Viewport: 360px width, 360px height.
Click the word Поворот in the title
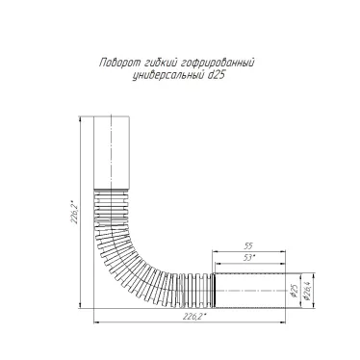(119, 63)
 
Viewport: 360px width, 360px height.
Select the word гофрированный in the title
(218, 63)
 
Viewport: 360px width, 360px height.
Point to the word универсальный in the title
(167, 76)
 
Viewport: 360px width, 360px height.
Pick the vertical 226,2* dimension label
(74, 213)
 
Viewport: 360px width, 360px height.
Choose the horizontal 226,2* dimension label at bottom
(194, 317)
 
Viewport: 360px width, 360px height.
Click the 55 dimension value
(248, 246)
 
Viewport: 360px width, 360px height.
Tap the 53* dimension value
(249, 257)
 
